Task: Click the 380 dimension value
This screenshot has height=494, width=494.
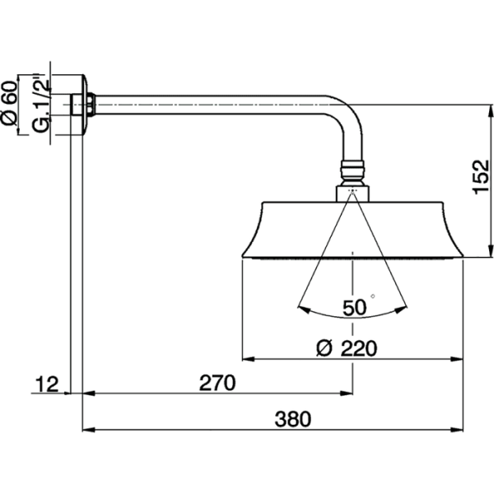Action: coord(293,418)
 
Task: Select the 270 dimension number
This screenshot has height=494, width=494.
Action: coord(218,383)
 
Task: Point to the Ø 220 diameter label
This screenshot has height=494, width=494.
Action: coord(346,348)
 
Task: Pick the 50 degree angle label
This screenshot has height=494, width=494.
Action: coord(354,308)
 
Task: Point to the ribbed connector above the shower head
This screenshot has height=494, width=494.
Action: coord(352,174)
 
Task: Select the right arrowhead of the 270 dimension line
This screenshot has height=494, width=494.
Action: coord(349,394)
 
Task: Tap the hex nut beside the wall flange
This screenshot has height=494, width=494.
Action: coord(95,105)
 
